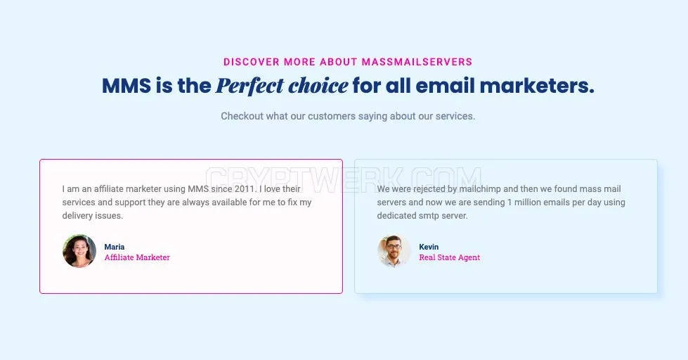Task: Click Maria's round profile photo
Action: click(79, 251)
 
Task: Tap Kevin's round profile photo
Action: click(394, 251)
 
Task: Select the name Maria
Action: click(115, 247)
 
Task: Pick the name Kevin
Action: click(429, 247)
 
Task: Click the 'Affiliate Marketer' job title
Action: click(137, 257)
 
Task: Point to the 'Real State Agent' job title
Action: click(449, 257)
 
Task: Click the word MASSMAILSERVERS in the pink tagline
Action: click(417, 62)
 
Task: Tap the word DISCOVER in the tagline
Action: click(252, 62)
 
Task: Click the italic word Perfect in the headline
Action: click(249, 86)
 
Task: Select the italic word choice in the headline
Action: click(318, 86)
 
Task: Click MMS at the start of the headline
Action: click(126, 86)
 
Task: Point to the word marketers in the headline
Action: click(537, 86)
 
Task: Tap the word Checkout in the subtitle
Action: click(242, 116)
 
